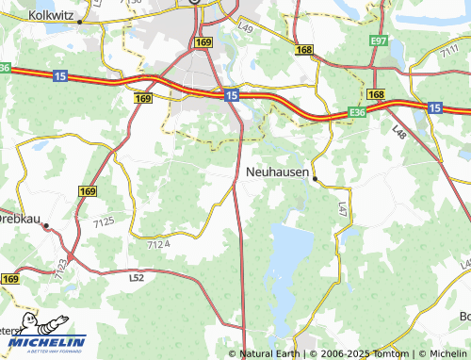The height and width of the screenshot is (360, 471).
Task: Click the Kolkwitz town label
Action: coord(51,15)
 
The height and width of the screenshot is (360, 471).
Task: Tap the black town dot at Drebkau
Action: coord(44,225)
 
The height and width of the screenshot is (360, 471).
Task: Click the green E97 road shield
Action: coord(380,42)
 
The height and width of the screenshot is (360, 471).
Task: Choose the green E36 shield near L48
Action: coord(356,112)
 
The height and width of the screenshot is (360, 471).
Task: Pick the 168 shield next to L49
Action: coord(303,49)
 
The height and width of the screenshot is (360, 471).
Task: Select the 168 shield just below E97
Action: coord(377,95)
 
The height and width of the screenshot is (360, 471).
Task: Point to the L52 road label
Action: coord(137,278)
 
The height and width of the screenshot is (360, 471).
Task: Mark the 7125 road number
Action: coord(104,221)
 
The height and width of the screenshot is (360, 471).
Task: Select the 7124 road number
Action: coord(159,244)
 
